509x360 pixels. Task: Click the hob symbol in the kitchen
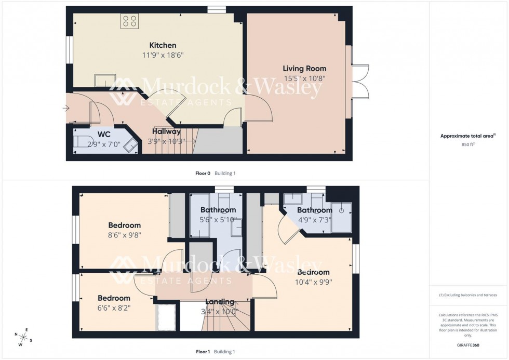point(129,20)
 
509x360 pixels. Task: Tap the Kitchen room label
point(163,46)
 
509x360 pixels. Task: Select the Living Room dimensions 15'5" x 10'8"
point(304,78)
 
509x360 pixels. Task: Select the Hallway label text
point(166,132)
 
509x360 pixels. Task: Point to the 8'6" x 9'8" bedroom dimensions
point(124,235)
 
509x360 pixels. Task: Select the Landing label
point(220,302)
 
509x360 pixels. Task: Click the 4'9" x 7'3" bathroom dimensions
point(314,219)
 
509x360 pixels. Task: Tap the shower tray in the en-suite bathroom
point(341,217)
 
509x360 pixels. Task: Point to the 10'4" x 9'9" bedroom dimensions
point(313,282)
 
